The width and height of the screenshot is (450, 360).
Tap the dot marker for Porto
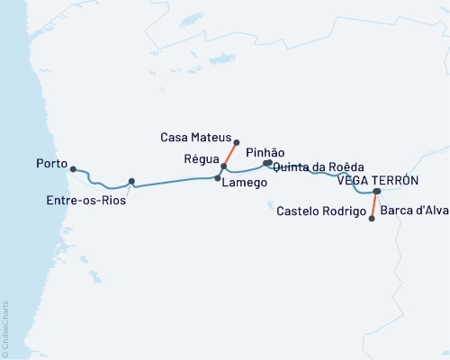[x=73, y=168]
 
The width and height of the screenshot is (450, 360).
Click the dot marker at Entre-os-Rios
[x=131, y=181]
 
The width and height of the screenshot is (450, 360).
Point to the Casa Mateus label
[x=195, y=138]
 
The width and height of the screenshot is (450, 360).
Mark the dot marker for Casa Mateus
[x=236, y=141]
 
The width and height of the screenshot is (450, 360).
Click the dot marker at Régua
[x=224, y=166]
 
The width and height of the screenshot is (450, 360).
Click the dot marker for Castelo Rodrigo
[x=372, y=218]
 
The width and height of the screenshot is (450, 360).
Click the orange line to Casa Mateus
[x=230, y=154]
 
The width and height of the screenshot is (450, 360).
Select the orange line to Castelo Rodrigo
[x=374, y=205]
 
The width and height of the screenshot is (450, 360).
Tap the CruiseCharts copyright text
[x=5, y=328]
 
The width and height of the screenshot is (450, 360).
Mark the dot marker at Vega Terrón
[x=377, y=191]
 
